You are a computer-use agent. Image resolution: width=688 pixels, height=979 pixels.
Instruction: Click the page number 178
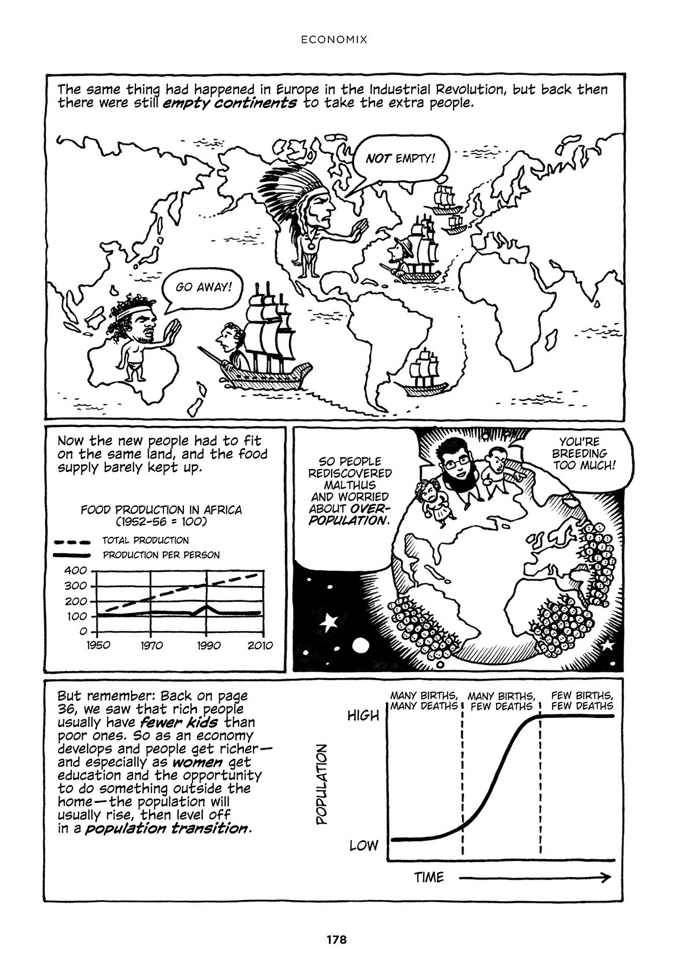(336, 940)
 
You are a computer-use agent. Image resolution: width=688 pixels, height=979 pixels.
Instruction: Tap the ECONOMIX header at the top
(334, 39)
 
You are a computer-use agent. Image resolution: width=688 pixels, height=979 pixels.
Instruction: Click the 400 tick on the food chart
(75, 571)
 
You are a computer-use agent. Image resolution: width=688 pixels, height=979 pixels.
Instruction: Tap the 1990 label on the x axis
(207, 645)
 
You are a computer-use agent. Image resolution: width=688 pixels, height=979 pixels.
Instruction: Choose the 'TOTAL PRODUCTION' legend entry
(145, 540)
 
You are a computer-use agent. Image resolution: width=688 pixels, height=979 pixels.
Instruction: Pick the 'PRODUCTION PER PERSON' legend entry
(161, 555)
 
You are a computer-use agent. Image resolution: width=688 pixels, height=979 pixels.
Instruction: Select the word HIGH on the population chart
(363, 716)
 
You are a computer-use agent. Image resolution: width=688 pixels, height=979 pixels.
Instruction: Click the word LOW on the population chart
(364, 845)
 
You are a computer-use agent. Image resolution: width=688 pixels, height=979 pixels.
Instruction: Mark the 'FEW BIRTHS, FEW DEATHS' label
(582, 701)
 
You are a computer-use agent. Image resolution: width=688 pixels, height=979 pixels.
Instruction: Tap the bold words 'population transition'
(167, 828)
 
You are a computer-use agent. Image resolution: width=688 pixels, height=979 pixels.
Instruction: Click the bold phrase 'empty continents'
(229, 103)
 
